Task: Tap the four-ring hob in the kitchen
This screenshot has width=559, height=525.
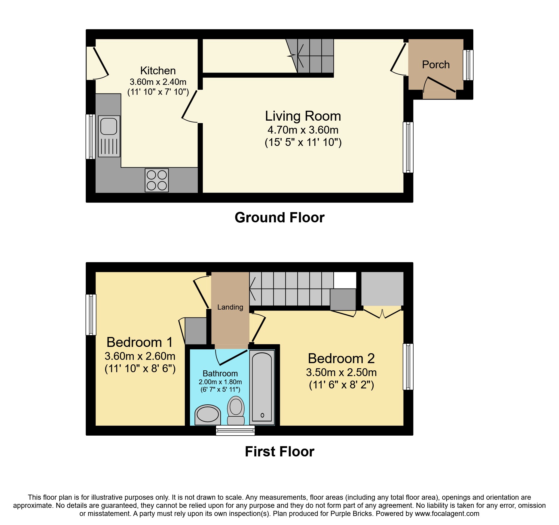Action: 157,180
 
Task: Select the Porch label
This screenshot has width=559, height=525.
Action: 435,65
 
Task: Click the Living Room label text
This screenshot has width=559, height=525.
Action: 303,116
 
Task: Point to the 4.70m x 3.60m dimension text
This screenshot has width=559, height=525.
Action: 303,130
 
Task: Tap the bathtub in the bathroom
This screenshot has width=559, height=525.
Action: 262,388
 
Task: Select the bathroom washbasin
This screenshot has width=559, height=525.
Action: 208,415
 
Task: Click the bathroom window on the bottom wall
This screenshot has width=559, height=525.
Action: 235,431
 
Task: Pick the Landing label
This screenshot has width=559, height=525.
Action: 230,307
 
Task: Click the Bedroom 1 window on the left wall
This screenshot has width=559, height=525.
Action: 91,315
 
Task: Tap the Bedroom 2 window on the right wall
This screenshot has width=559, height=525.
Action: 408,366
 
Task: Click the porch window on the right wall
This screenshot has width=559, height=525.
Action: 468,65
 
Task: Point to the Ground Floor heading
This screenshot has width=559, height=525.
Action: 279,218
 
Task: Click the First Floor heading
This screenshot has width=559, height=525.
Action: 279,452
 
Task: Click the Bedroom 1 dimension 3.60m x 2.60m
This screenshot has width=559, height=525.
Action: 140,356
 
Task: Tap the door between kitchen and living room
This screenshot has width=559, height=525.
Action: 189,105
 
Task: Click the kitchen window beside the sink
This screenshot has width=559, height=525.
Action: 90,136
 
